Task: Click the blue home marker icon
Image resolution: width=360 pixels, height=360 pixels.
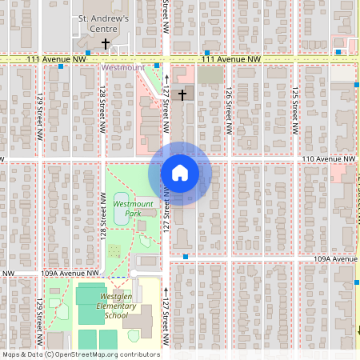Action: (x=179, y=173)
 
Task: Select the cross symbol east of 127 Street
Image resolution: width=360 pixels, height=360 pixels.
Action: (x=182, y=95)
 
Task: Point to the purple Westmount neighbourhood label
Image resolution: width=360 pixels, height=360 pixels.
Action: (x=122, y=68)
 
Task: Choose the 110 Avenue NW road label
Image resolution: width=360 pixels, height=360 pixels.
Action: (x=328, y=159)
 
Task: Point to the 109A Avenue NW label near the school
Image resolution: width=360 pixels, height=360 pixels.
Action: (x=70, y=273)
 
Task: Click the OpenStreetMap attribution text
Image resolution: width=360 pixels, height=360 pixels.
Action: (x=80, y=354)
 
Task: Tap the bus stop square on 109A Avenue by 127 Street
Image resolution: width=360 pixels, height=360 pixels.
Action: (x=186, y=257)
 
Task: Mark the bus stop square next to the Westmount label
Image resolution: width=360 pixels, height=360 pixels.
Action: (x=157, y=66)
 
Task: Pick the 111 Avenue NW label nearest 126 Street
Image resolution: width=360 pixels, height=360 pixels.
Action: (x=231, y=59)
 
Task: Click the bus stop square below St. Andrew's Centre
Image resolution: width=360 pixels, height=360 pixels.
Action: (x=88, y=54)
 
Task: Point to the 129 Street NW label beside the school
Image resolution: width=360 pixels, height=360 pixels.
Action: (x=38, y=317)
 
